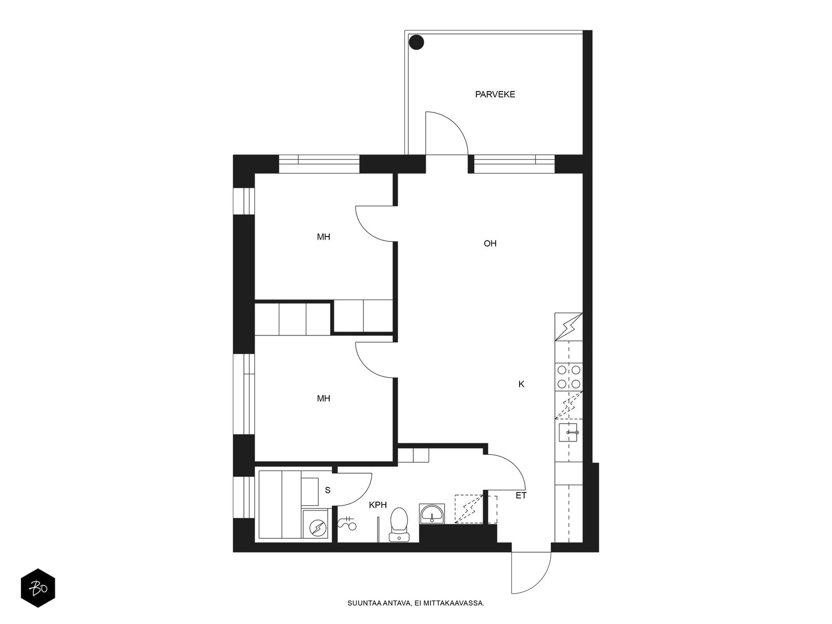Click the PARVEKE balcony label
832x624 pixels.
[495, 94]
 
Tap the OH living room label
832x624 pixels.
[490, 243]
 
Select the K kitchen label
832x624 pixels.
[521, 384]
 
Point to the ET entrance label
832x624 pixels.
[521, 496]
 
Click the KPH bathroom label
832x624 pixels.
[378, 505]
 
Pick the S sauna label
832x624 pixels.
[328, 490]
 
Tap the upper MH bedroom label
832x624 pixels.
[323, 237]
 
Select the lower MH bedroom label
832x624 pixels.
[323, 398]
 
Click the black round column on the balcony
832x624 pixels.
[416, 42]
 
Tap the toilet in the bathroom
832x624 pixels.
[399, 525]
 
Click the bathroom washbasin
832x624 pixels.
[432, 514]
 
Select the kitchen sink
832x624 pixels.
[568, 432]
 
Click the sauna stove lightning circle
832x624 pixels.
[318, 527]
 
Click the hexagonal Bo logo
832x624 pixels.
[38, 588]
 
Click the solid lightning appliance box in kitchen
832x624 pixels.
[568, 327]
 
